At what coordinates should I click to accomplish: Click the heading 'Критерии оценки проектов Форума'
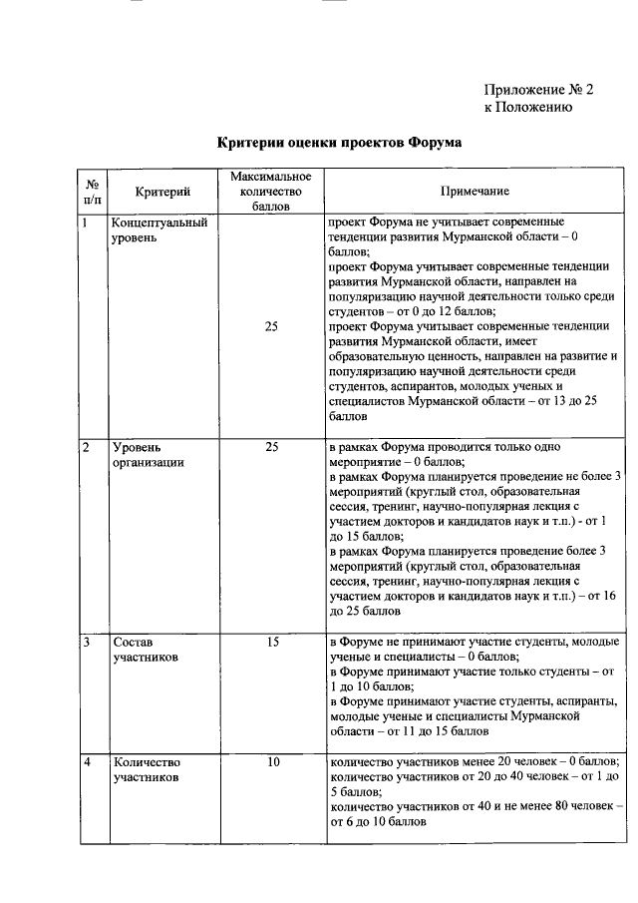coord(339,143)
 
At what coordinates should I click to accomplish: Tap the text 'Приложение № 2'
coord(538,89)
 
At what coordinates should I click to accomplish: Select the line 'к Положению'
coord(527,108)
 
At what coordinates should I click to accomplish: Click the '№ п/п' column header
coord(91,191)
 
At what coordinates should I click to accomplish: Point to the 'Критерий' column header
coord(162,191)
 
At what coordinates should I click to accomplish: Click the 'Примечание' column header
coord(475,191)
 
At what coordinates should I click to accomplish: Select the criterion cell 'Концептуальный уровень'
coord(159,231)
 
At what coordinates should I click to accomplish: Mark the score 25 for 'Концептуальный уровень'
coord(272,325)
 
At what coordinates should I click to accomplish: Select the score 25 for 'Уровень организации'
coord(272,448)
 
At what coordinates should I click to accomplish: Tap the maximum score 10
coord(272,763)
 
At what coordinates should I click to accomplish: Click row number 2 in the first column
coord(87,448)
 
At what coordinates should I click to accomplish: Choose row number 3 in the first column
coord(87,643)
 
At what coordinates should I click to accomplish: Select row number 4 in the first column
coord(88,763)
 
